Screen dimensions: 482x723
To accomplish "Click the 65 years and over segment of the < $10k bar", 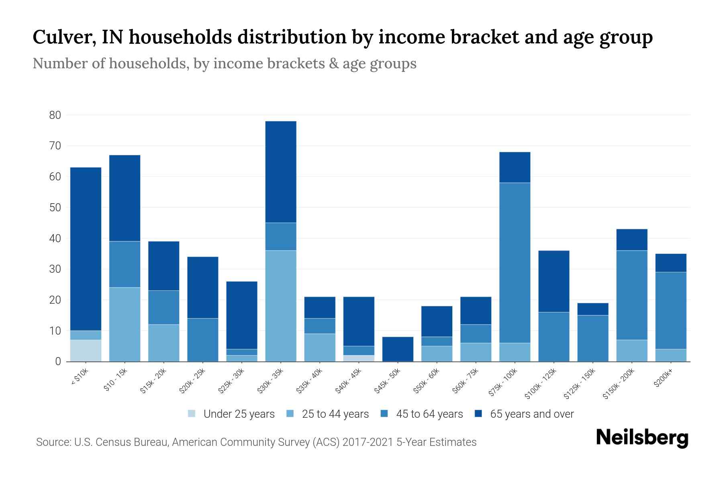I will pos(86,249).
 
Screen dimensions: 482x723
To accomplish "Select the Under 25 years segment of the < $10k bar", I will pos(86,351).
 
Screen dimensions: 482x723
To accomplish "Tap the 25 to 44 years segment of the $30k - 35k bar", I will pos(281,306).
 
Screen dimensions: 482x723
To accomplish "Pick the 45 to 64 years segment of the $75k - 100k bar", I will pos(515,263).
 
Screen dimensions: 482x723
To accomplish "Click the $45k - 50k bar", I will pos(398,349).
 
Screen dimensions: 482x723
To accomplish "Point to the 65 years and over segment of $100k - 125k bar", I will pos(554,281).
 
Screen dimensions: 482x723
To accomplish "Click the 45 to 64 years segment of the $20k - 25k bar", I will pos(203,340).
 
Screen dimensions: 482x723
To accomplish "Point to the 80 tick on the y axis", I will pos(55,115).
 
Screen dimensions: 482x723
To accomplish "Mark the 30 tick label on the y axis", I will pos(55,269).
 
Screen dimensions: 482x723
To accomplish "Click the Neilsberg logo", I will pos(642,437).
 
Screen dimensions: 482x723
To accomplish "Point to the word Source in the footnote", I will pos(53,442).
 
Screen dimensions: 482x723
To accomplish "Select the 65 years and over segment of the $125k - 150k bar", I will pos(593,309).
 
